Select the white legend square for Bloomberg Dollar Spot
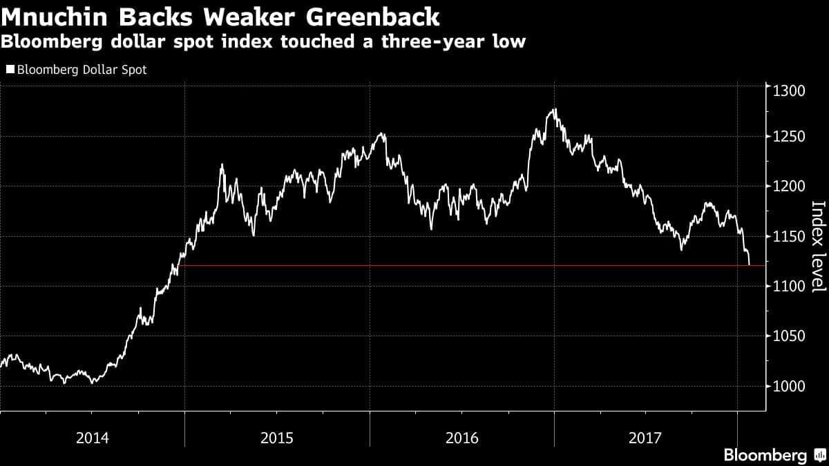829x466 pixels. pyautogui.click(x=10, y=70)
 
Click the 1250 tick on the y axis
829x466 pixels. pyautogui.click(x=789, y=137)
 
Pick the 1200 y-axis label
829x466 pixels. pyautogui.click(x=789, y=186)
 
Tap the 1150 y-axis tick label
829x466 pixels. pyautogui.click(x=789, y=237)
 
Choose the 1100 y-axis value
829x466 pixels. pyautogui.click(x=789, y=287)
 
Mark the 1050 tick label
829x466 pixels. pyautogui.click(x=789, y=336)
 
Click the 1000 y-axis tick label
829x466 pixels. pyautogui.click(x=789, y=387)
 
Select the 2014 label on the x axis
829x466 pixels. pyautogui.click(x=92, y=438)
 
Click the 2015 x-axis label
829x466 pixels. pyautogui.click(x=276, y=438)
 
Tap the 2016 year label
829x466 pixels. pyautogui.click(x=461, y=438)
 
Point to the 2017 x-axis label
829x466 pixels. pyautogui.click(x=645, y=438)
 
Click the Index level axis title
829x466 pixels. pyautogui.click(x=818, y=246)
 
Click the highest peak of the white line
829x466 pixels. pyautogui.click(x=554, y=109)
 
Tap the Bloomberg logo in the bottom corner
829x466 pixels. pyautogui.click(x=774, y=455)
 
